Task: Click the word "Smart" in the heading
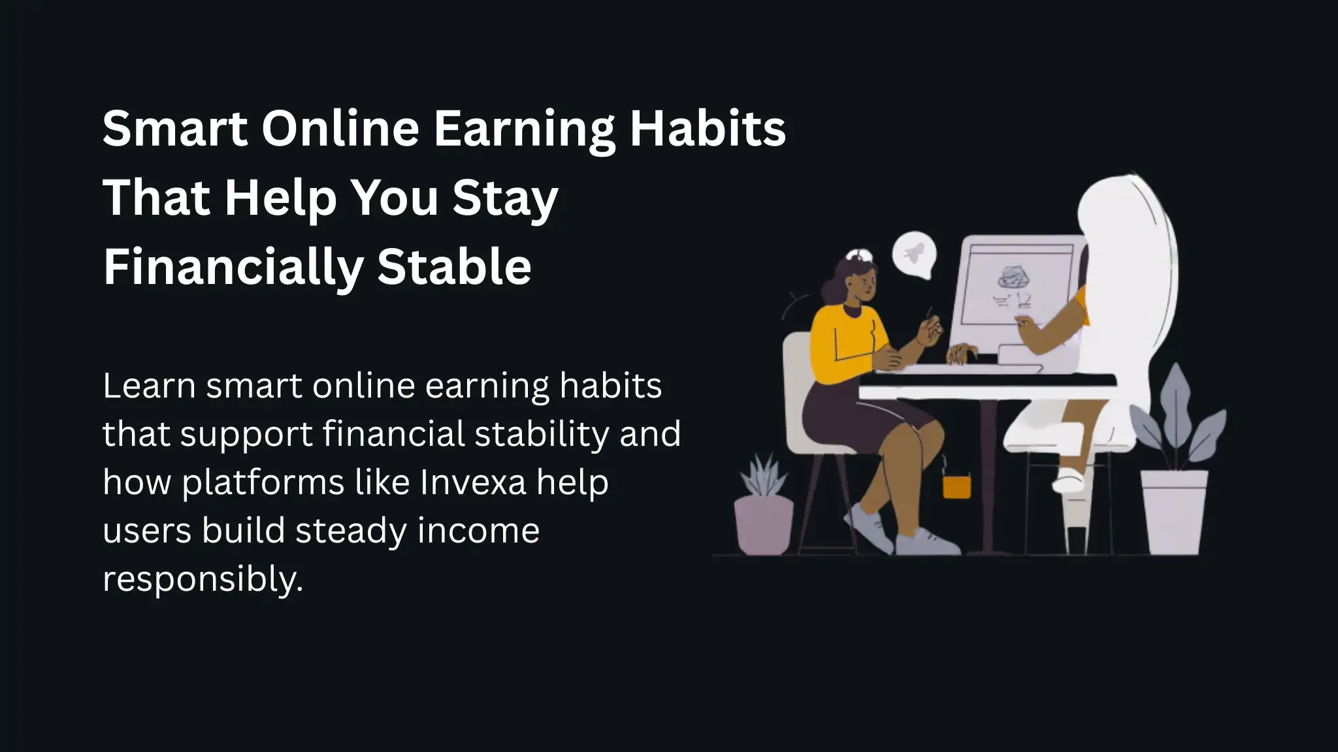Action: [x=175, y=128]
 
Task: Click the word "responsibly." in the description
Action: [x=203, y=578]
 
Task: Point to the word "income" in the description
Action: [x=478, y=530]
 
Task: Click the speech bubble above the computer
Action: [x=914, y=255]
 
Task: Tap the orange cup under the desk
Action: [x=956, y=486]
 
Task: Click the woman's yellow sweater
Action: [x=844, y=339]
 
